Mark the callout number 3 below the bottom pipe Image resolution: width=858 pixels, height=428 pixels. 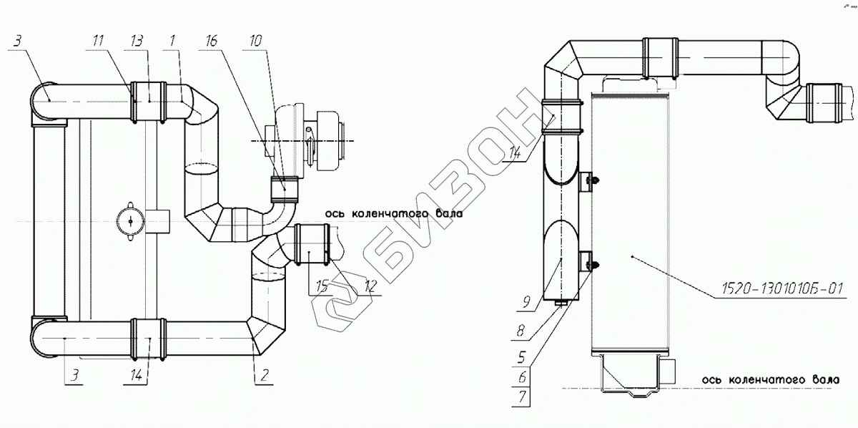click(x=74, y=373)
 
